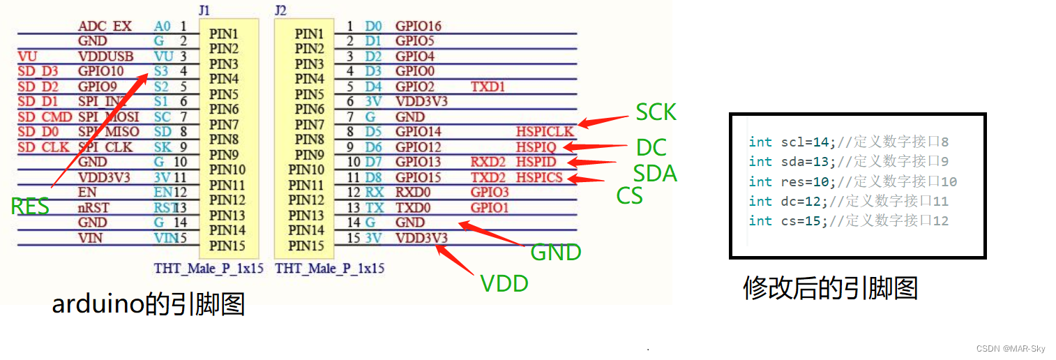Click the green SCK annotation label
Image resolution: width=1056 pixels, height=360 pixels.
pos(656,112)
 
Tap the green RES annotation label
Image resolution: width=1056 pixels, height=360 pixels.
pos(30,207)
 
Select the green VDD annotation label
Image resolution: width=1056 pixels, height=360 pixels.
pos(504,283)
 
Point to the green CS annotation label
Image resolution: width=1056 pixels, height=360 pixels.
pos(629,196)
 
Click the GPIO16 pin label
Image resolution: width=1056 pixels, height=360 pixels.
pos(418,27)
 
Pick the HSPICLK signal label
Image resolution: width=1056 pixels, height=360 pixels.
pos(545,132)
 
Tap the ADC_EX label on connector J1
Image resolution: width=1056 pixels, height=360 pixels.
pos(105,27)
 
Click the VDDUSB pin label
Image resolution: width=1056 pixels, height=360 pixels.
pos(102,57)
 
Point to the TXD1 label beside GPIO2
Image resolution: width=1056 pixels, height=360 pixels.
pos(488,87)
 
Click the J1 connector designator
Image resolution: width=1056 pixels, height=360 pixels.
pos(204,10)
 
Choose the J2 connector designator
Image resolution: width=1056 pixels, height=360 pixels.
pos(280,10)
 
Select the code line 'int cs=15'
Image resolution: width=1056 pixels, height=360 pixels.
pos(848,220)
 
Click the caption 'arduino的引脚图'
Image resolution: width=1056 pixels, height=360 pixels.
pos(149,304)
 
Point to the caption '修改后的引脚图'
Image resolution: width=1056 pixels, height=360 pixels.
pos(830,287)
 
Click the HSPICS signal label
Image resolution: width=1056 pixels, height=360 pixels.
pos(539,177)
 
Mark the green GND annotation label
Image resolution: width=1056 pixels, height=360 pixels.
pos(556,252)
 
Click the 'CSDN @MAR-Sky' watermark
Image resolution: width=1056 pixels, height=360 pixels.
pos(1011,348)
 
